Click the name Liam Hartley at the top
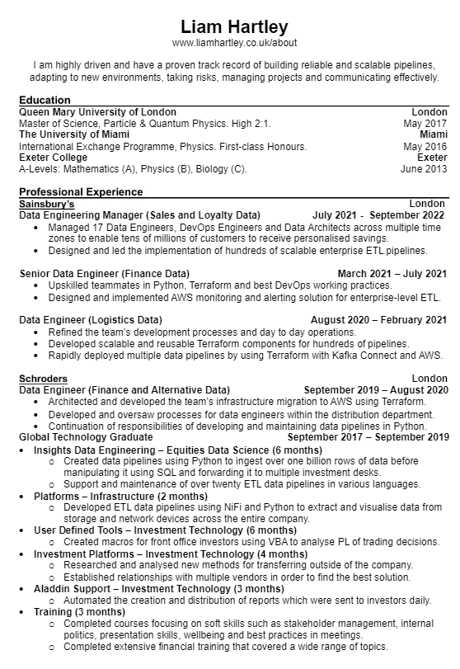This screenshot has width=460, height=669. (x=234, y=26)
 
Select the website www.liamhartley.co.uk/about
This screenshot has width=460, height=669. (x=234, y=43)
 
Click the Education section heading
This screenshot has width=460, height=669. (x=45, y=100)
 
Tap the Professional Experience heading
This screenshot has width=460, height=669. (x=81, y=191)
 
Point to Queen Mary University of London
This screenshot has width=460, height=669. (x=97, y=111)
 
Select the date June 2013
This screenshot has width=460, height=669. (x=424, y=169)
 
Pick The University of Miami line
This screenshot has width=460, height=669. (x=74, y=134)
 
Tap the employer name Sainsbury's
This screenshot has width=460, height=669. (x=47, y=203)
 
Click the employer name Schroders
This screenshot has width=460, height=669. (x=44, y=378)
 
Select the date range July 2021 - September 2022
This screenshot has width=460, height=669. (x=379, y=214)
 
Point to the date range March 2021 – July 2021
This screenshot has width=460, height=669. (x=392, y=273)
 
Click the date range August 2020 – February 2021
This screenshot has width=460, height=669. (x=378, y=320)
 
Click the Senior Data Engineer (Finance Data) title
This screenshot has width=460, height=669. (x=104, y=273)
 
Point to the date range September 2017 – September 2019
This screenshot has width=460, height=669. (x=368, y=436)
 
